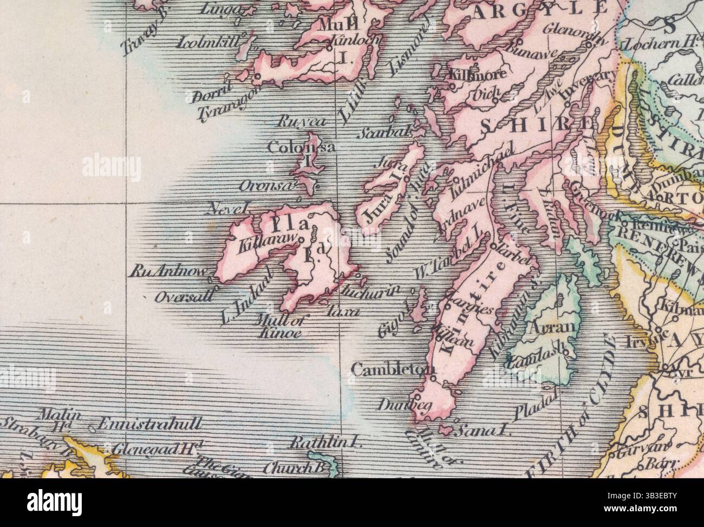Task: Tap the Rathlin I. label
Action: tap(325, 441)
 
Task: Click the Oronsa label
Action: tap(268, 186)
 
